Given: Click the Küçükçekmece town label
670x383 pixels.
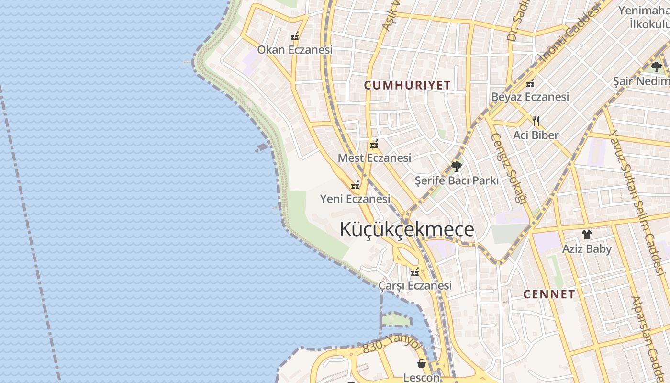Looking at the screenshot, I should tap(407, 229).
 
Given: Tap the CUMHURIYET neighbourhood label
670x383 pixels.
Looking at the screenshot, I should tap(407, 85).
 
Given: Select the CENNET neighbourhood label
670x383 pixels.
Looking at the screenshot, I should tap(549, 294).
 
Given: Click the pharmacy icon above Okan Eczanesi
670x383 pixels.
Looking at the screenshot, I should tap(295, 36).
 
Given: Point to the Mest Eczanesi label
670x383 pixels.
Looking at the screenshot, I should tap(374, 158).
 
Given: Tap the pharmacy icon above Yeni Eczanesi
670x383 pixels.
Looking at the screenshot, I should tap(355, 185).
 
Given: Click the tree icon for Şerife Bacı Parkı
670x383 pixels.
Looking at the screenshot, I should tap(456, 167).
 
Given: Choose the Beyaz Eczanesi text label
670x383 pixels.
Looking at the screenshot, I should tap(530, 97).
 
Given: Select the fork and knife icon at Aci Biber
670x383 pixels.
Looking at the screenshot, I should tap(536, 121).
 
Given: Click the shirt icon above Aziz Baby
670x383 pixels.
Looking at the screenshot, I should tap(587, 235).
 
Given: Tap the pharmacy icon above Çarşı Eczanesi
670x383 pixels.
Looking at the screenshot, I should tap(415, 272).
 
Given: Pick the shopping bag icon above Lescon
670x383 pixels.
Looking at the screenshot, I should tap(421, 363).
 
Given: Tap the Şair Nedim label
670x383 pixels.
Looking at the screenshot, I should tap(641, 81).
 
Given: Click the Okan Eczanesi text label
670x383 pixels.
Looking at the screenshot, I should tap(295, 50).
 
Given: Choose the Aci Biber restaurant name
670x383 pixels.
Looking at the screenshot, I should tap(536, 135).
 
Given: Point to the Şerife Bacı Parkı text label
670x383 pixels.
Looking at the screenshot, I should tap(457, 180).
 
